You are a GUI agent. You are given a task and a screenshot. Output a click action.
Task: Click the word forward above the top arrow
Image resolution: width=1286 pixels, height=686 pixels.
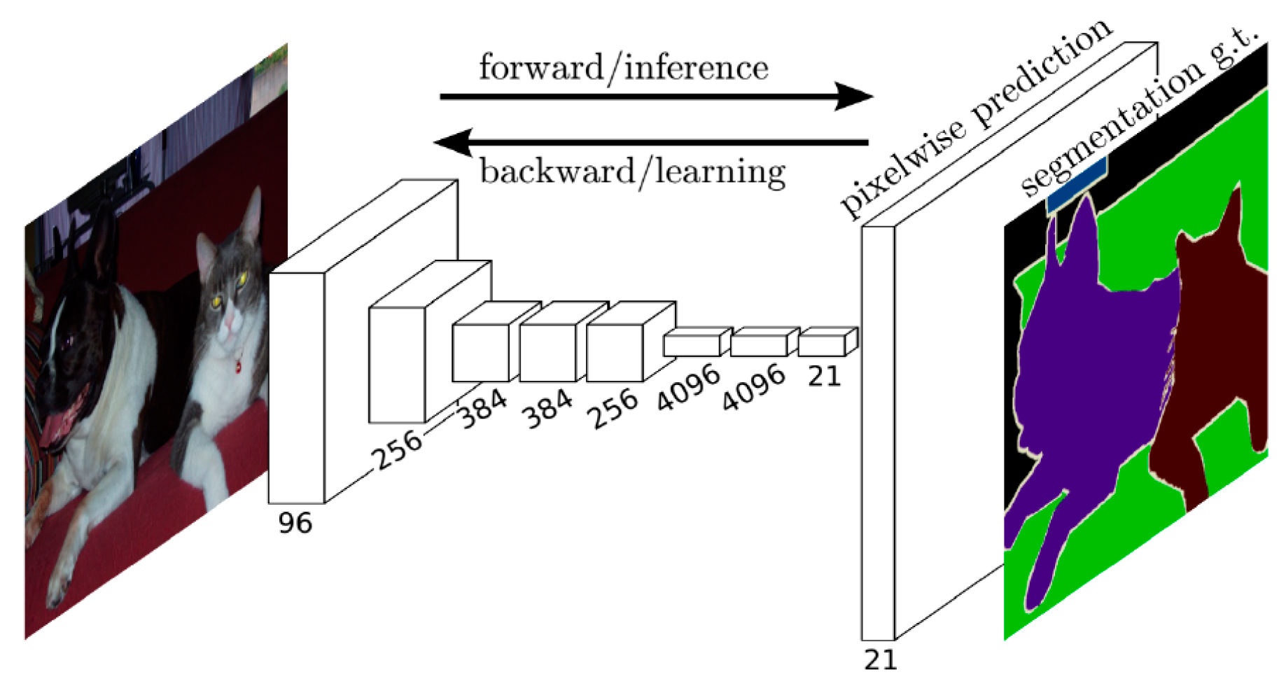[540, 68]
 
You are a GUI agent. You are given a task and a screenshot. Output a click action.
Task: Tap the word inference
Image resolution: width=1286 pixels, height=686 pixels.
[696, 68]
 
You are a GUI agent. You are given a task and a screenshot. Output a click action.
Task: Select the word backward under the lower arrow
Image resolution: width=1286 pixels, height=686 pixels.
[557, 171]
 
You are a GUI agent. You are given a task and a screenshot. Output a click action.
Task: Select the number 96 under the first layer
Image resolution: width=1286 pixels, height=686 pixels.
[295, 523]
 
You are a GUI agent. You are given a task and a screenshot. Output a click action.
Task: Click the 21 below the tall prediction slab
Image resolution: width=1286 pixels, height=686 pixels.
[880, 659]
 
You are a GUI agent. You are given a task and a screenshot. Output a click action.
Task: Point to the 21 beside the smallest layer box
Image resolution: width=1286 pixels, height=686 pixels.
[824, 377]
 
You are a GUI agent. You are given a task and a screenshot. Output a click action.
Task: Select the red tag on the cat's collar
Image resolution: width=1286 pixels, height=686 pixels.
[238, 366]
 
